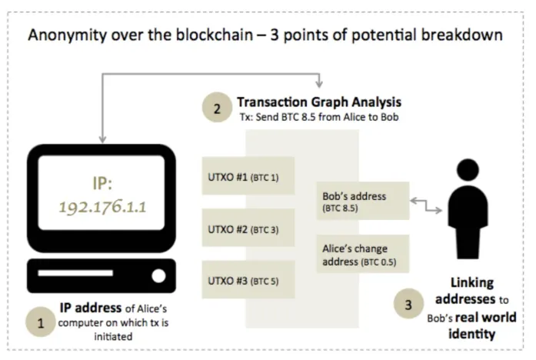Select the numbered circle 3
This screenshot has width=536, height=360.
coord(408,304)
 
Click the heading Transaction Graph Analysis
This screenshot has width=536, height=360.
coord(319,102)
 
